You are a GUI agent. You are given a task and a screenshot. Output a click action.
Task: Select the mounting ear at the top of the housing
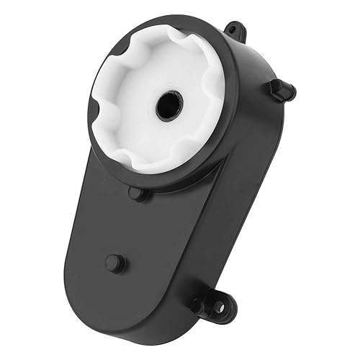pos(232,30)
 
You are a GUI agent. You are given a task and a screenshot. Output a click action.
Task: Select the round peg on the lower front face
pos(114,262)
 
